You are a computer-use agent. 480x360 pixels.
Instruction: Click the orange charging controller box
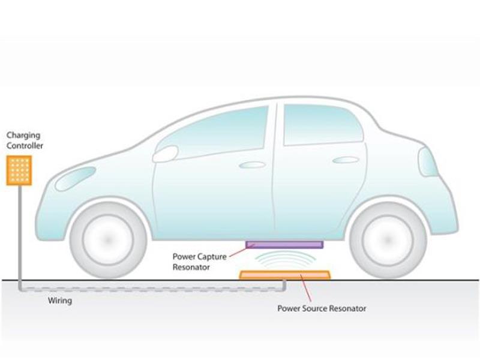(x=19, y=170)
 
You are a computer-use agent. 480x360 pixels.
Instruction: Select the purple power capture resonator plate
(x=284, y=244)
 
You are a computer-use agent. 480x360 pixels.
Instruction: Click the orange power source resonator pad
(x=285, y=275)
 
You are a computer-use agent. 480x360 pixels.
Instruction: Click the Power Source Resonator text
(x=322, y=308)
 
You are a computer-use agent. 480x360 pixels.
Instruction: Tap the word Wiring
(x=59, y=301)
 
